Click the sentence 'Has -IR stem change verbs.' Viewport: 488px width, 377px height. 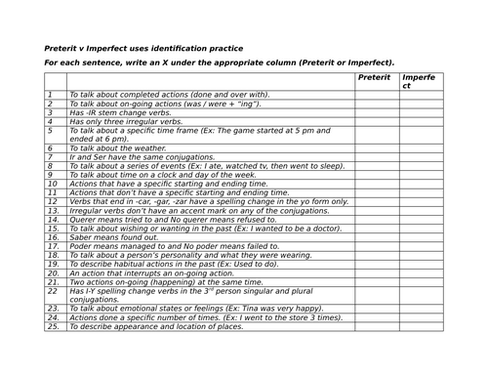tap(120, 112)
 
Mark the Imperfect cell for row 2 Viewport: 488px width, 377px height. tap(422, 104)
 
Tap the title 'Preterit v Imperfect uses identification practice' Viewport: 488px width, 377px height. tap(144, 48)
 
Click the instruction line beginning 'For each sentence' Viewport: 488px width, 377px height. tap(220, 63)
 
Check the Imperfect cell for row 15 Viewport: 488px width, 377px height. tap(422, 228)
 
